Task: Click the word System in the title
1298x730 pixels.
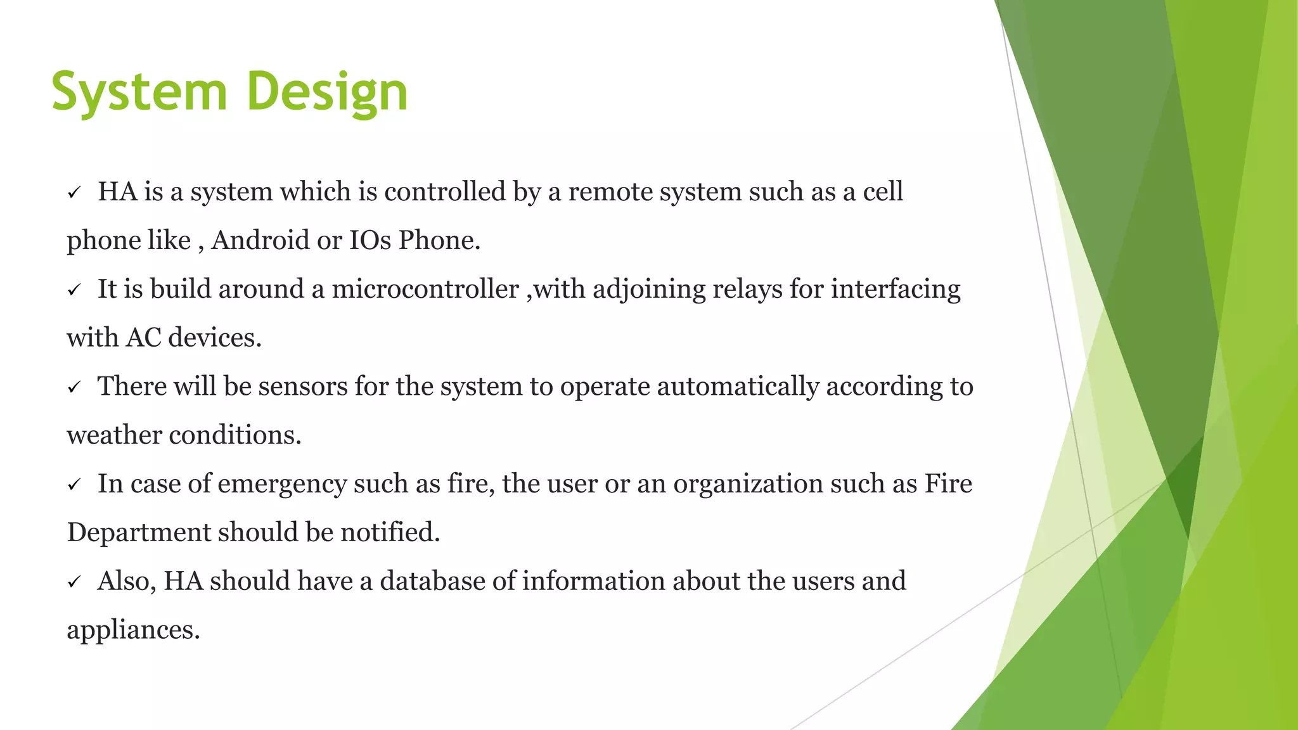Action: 139,93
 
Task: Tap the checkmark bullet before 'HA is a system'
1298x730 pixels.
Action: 74,193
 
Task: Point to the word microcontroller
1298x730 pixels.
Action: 425,290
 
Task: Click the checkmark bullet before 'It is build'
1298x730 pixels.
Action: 74,290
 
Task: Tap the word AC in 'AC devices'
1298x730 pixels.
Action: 143,338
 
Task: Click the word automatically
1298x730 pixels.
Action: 738,387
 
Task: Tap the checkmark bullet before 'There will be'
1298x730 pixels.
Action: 74,387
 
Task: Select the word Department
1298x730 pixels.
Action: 139,533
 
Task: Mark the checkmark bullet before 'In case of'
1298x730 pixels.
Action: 74,485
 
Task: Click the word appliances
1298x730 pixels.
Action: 133,631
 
